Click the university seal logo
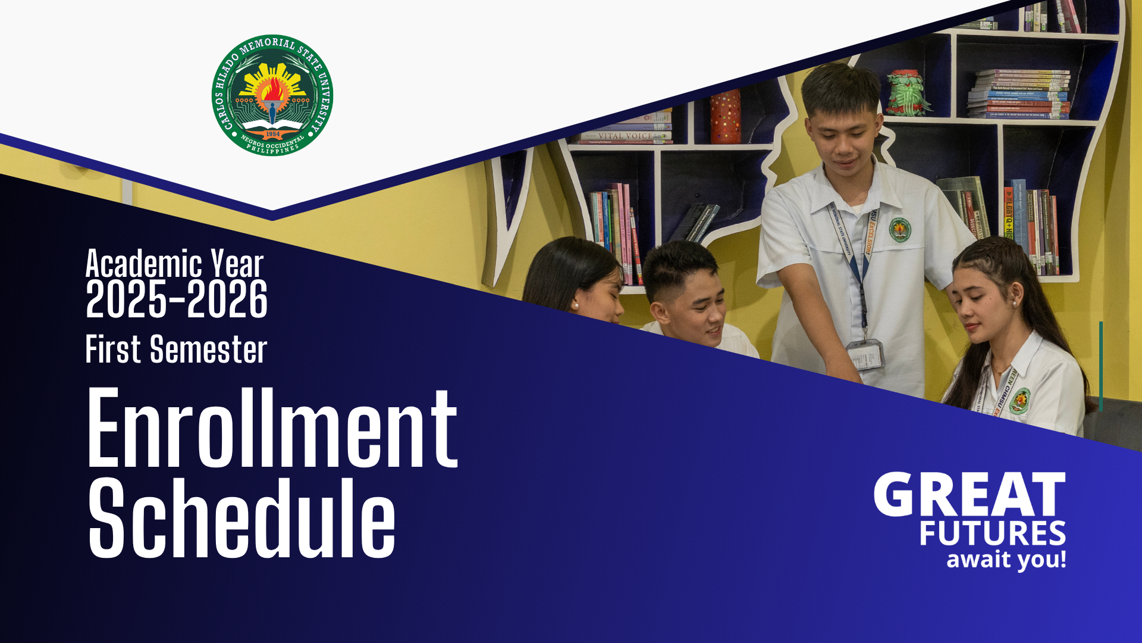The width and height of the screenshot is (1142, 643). [x=272, y=95]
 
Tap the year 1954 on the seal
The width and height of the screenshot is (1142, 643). [x=272, y=134]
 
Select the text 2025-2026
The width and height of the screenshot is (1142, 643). [x=177, y=299]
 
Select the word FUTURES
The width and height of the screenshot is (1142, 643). [x=992, y=533]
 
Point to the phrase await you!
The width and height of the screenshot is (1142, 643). [x=1006, y=560]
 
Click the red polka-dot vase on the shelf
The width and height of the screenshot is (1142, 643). [x=726, y=117]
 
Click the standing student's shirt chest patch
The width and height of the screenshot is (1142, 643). [x=900, y=229]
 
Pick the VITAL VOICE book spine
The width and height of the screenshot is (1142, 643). [x=625, y=136]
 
